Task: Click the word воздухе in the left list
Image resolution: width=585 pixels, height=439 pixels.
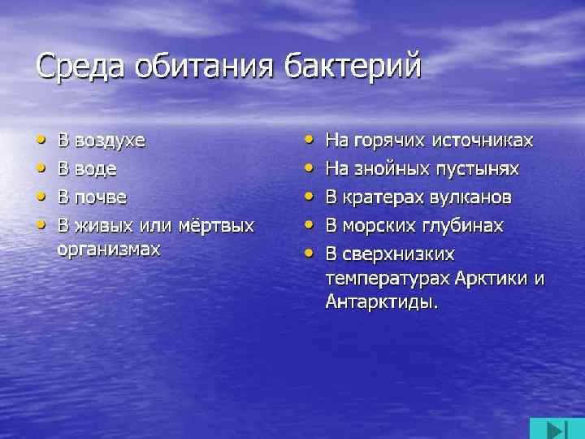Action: click(110, 141)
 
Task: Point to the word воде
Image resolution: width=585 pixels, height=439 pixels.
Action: click(96, 169)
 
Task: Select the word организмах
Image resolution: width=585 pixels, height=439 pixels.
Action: click(109, 249)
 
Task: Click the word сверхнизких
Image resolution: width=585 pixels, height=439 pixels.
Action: click(401, 253)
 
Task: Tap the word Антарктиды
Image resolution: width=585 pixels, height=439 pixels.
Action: click(381, 304)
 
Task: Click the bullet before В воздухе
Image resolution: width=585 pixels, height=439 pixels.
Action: click(41, 139)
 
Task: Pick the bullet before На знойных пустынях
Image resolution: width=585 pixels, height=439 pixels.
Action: click(309, 167)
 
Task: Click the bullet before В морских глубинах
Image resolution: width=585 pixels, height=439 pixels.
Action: click(309, 223)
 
